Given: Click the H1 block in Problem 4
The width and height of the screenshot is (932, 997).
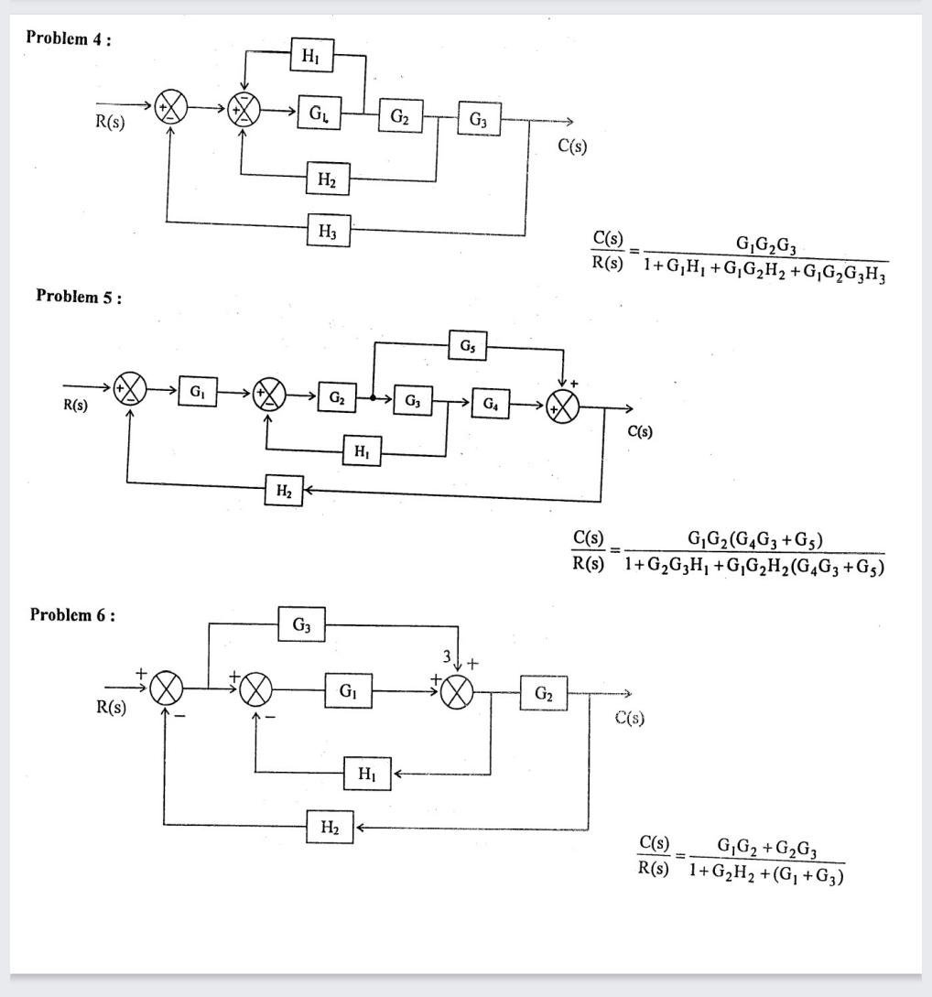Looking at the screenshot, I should (312, 56).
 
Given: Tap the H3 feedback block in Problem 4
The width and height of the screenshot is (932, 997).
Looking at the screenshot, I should (328, 233).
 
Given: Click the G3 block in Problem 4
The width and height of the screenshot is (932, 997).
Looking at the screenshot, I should (478, 119).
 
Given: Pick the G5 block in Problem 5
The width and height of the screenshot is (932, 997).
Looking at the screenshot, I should (468, 346).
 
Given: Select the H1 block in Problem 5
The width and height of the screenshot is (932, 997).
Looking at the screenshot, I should (362, 450).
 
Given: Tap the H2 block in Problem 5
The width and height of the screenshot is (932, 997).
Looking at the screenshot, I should (284, 492).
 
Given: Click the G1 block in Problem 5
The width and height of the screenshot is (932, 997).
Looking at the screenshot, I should (198, 392).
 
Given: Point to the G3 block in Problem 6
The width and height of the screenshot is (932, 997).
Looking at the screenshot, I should (301, 625).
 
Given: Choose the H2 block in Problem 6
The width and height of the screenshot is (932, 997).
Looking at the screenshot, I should (329, 828).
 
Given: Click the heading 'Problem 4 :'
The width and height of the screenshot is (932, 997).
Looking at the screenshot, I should (69, 38).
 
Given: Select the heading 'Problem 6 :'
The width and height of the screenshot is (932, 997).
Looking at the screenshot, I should (72, 614).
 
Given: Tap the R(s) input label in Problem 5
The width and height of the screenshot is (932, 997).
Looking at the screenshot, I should (75, 406).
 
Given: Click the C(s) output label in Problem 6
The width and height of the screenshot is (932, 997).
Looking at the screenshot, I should (630, 718).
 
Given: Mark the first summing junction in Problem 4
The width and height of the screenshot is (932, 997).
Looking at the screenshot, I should (171, 109).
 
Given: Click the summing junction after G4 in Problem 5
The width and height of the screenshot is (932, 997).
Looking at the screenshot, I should (563, 408).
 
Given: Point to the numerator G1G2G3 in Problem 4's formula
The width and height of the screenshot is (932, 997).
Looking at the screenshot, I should (765, 244).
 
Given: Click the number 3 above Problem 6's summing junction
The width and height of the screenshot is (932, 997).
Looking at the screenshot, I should (448, 656).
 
